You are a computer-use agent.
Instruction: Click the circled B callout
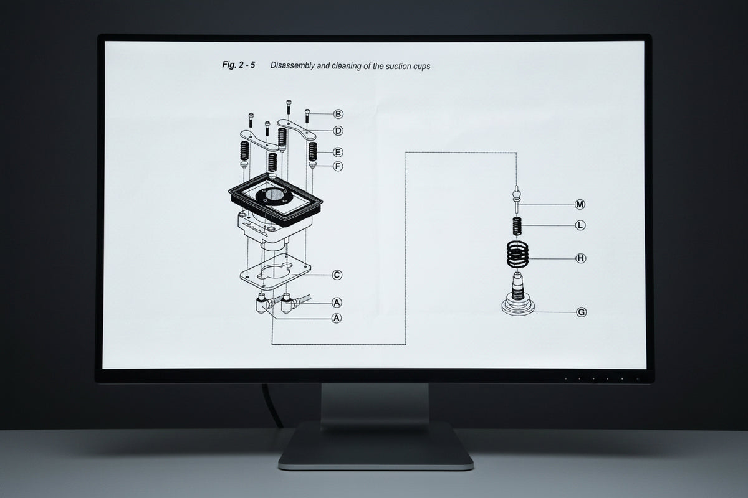[x=338, y=114]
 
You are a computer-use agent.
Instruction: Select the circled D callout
[x=338, y=131]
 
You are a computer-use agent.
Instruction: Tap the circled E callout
[x=338, y=153]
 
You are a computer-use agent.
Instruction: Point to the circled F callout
[x=338, y=166]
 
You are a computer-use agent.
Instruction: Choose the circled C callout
[x=337, y=275]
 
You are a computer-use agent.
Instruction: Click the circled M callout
[x=580, y=204]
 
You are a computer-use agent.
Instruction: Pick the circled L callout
[x=580, y=225]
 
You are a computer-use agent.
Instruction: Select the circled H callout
[x=581, y=258]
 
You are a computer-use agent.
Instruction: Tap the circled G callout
[x=582, y=312]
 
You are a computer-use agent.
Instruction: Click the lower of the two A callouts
[x=337, y=318]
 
